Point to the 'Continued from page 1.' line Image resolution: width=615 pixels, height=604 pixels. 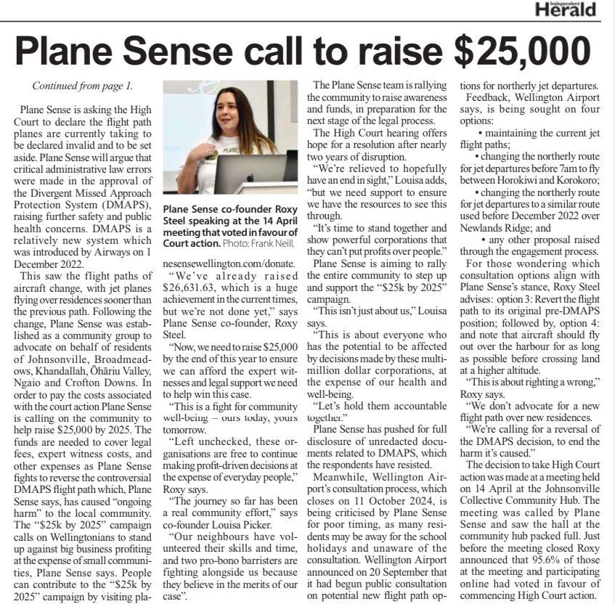(x=82, y=86)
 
